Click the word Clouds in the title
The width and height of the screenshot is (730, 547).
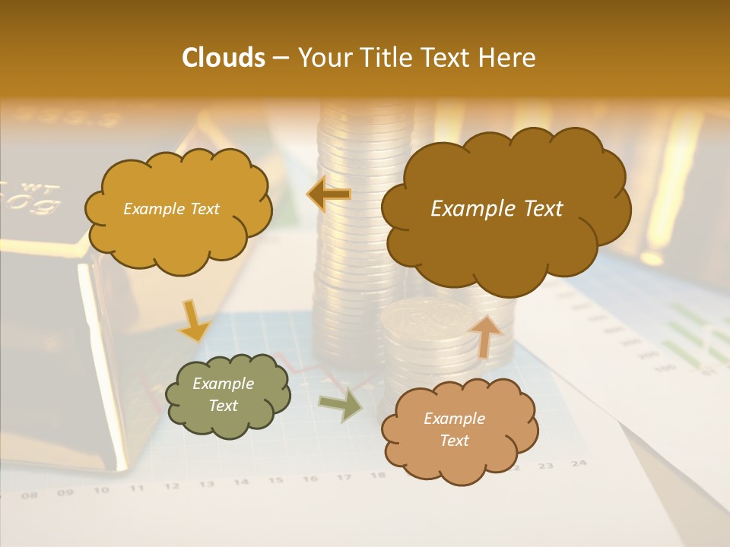click(x=223, y=58)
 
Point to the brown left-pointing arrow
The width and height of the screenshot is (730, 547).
click(x=329, y=194)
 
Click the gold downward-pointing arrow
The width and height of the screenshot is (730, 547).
click(x=194, y=321)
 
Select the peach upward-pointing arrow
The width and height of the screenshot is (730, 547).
click(x=485, y=335)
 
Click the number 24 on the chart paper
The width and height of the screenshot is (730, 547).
click(x=579, y=463)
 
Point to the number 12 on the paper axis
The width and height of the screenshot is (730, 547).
click(x=171, y=486)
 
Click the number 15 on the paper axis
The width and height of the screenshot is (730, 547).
click(x=275, y=480)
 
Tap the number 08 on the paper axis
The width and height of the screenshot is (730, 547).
click(x=30, y=495)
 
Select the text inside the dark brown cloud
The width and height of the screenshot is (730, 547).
click(x=497, y=209)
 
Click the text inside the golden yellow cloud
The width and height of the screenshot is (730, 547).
click(x=171, y=209)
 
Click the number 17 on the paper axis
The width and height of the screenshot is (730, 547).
click(x=344, y=477)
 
